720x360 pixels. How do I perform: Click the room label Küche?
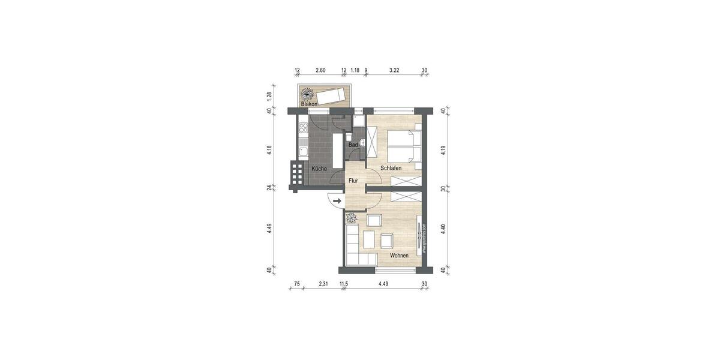(x=319, y=169)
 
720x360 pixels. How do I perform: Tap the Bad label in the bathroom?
(x=353, y=145)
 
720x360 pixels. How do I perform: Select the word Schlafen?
(x=391, y=168)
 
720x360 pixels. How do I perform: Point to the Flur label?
(x=353, y=180)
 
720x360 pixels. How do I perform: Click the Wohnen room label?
(x=399, y=256)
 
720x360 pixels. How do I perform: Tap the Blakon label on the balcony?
(x=309, y=104)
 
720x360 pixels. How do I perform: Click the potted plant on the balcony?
(x=307, y=94)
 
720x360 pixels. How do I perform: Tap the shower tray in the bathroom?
(x=358, y=122)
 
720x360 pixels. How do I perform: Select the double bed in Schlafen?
(x=407, y=146)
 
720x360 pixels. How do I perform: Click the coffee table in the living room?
(x=370, y=239)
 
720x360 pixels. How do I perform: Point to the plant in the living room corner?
(x=351, y=218)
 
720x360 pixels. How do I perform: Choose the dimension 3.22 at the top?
(x=394, y=70)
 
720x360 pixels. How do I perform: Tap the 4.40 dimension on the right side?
(x=443, y=229)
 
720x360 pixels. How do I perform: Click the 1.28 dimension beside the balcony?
(x=270, y=95)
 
